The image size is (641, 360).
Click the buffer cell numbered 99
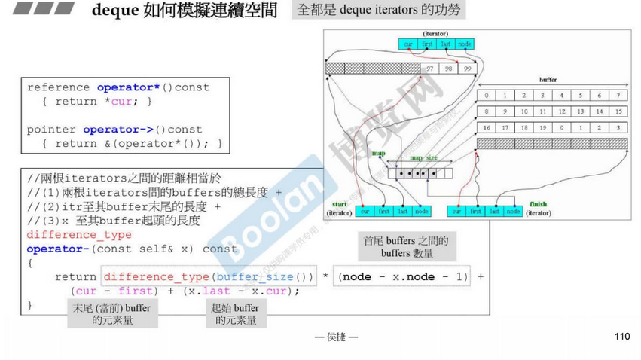pyautogui.click(x=467, y=68)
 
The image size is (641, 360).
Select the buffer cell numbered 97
pyautogui.click(x=430, y=68)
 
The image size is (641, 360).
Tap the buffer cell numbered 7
pyautogui.click(x=618, y=96)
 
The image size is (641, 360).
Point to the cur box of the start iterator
pyautogui.click(x=365, y=212)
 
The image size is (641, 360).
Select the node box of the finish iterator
pyautogui.click(x=513, y=212)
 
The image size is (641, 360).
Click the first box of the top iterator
pyautogui.click(x=428, y=44)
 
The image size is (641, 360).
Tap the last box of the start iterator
pyautogui.click(x=403, y=212)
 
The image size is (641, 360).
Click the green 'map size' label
pyautogui.click(x=424, y=157)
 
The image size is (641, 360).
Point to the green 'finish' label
pyautogui.click(x=538, y=204)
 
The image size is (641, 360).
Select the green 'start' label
pyautogui.click(x=338, y=205)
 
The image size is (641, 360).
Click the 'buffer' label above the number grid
pyautogui.click(x=548, y=79)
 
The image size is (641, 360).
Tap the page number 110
pyautogui.click(x=621, y=336)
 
